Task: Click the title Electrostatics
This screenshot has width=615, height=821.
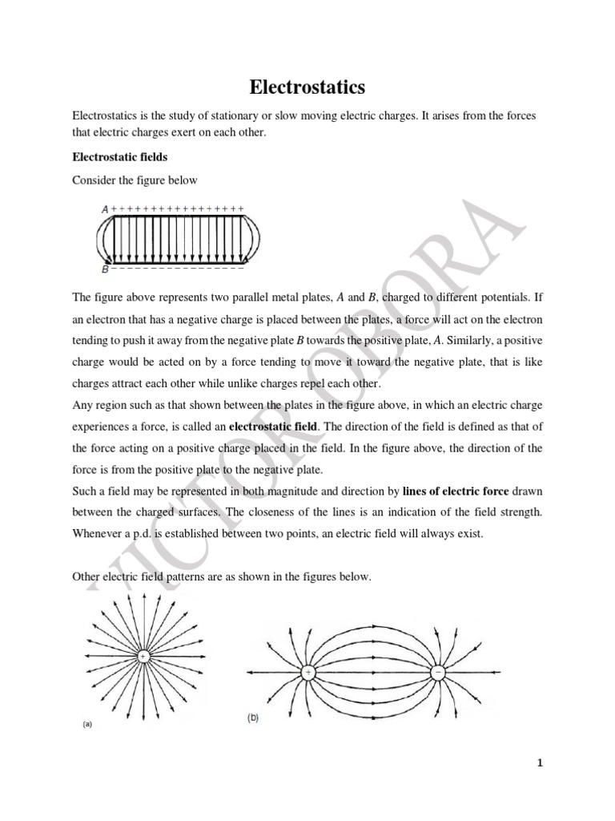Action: [307, 86]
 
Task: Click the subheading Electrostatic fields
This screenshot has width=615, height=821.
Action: [119, 157]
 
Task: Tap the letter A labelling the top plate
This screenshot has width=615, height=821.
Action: [104, 209]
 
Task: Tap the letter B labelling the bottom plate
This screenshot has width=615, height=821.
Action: [104, 269]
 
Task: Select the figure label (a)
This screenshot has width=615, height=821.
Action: [88, 724]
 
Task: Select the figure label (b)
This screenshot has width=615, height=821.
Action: [252, 720]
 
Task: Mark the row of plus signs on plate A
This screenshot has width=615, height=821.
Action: [177, 208]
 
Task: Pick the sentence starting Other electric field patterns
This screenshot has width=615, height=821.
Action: [222, 576]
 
